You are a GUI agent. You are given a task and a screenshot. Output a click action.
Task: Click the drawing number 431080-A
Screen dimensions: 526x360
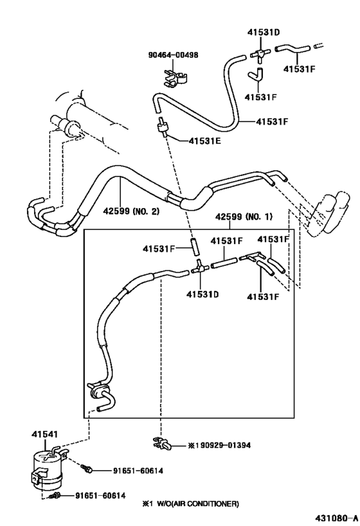pyautogui.click(x=336, y=517)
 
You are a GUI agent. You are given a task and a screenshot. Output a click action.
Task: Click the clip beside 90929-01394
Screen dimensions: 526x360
pyautogui.click(x=161, y=443)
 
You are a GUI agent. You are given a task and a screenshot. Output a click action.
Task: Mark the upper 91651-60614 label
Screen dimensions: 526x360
pyautogui.click(x=136, y=471)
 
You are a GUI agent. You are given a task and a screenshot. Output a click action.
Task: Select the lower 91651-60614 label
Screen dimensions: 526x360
pyautogui.click(x=100, y=495)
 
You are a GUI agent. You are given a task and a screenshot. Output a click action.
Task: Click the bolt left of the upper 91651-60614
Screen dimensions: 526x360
pyautogui.click(x=88, y=470)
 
